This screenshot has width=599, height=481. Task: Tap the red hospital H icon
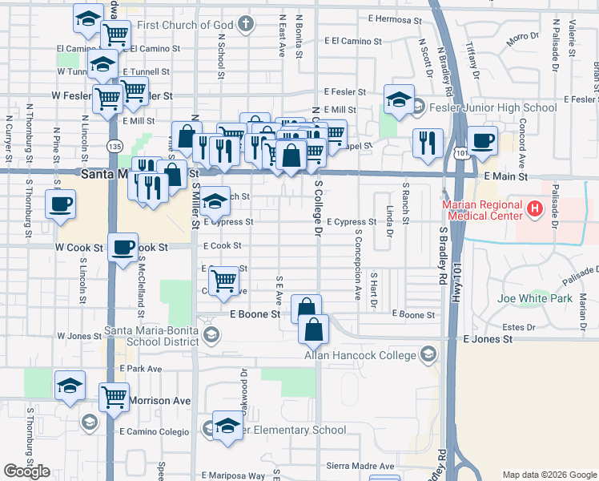point(534,210)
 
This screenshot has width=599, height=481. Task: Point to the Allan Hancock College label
point(360,355)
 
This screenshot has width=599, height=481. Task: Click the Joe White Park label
point(534,298)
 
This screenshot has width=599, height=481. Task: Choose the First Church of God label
point(185,26)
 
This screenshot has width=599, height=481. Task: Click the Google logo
point(26,471)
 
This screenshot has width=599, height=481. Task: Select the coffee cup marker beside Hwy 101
point(482,142)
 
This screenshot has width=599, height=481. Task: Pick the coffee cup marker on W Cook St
point(122,249)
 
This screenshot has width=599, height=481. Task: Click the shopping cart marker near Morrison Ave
point(114,397)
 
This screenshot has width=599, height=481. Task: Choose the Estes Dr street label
point(518,327)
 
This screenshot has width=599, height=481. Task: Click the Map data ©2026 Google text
point(549,475)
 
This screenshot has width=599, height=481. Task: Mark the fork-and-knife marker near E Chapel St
point(428,143)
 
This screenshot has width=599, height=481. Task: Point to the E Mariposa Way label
point(233,475)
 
